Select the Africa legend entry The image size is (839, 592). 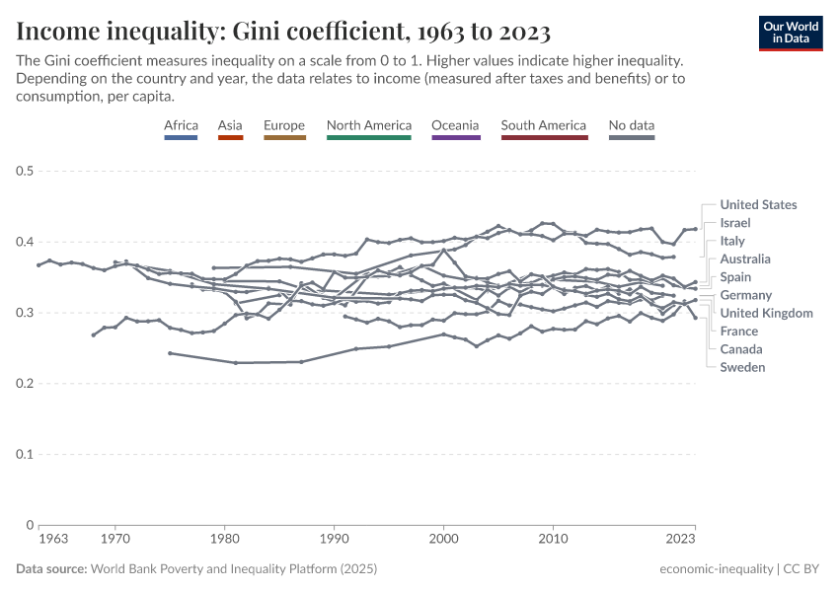coord(181,125)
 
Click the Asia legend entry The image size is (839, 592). coord(230,125)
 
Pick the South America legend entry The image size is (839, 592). coord(543,125)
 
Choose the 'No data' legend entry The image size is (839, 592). coord(632,125)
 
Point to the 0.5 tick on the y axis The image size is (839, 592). coord(26,172)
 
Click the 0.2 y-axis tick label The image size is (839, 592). coord(26,384)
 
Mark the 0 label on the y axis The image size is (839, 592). coord(31,526)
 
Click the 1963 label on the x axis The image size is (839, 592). coord(53,540)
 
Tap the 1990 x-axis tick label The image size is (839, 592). coord(335,540)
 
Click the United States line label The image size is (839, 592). coord(758,205)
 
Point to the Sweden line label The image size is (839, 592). coord(742,367)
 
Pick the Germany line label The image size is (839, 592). coord(745,295)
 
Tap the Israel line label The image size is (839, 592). coord(735,223)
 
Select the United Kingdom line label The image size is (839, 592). coord(766,313)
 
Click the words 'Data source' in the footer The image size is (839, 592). coord(50,569)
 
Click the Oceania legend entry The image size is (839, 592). coord(455,125)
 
